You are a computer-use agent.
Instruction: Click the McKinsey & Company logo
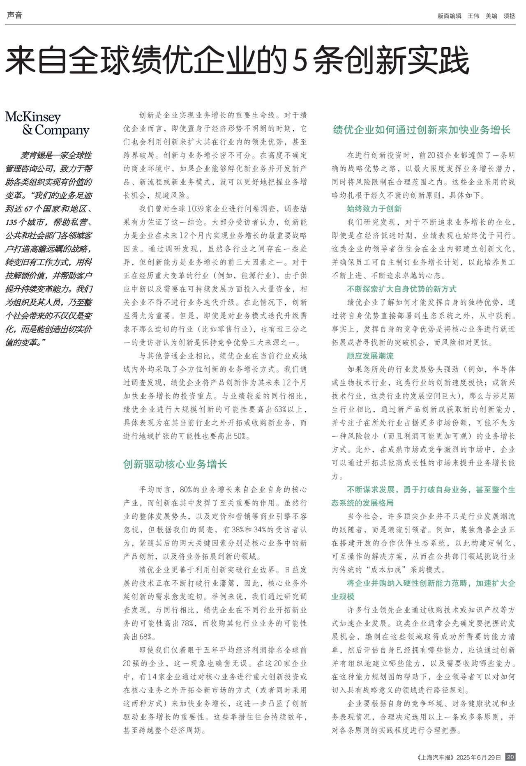coord(47,124)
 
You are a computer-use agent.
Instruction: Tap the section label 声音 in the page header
coord(14,16)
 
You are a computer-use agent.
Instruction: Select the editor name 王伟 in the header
coord(473,16)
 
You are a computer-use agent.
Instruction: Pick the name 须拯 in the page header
coord(509,16)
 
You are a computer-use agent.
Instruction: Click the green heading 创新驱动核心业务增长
coord(175,465)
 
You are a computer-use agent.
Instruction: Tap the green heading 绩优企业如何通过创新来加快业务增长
coord(422,130)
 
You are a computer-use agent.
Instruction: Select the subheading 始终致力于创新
coord(374,209)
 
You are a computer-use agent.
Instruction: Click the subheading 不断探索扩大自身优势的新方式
coord(401,289)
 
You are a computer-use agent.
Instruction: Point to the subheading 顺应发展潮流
coord(370,356)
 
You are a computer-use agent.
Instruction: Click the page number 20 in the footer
coord(510,757)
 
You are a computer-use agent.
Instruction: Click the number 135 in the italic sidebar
coord(12,222)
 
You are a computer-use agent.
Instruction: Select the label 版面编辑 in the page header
coord(449,16)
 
